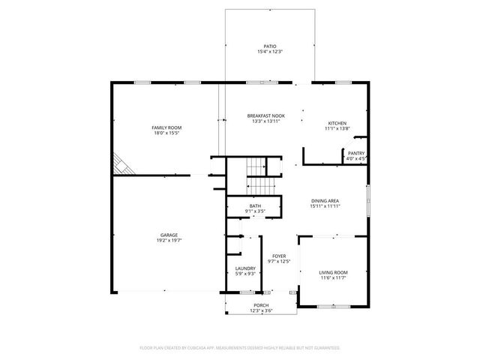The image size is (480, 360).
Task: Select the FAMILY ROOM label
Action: (x=167, y=127)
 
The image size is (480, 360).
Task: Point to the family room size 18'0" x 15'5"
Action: (x=167, y=133)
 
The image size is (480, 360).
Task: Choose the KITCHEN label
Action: (x=337, y=123)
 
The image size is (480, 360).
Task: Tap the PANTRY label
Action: (x=356, y=153)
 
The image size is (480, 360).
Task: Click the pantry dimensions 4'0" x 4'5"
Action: (x=356, y=159)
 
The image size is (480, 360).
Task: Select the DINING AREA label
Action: (x=326, y=200)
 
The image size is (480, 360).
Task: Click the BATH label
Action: (x=256, y=206)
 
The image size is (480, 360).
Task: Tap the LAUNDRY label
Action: (x=245, y=268)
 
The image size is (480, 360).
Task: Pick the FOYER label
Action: (x=279, y=256)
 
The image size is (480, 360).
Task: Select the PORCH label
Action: (x=261, y=305)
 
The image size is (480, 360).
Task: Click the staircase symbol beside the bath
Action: (x=258, y=175)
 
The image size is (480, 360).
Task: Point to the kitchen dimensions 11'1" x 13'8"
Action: (x=337, y=129)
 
